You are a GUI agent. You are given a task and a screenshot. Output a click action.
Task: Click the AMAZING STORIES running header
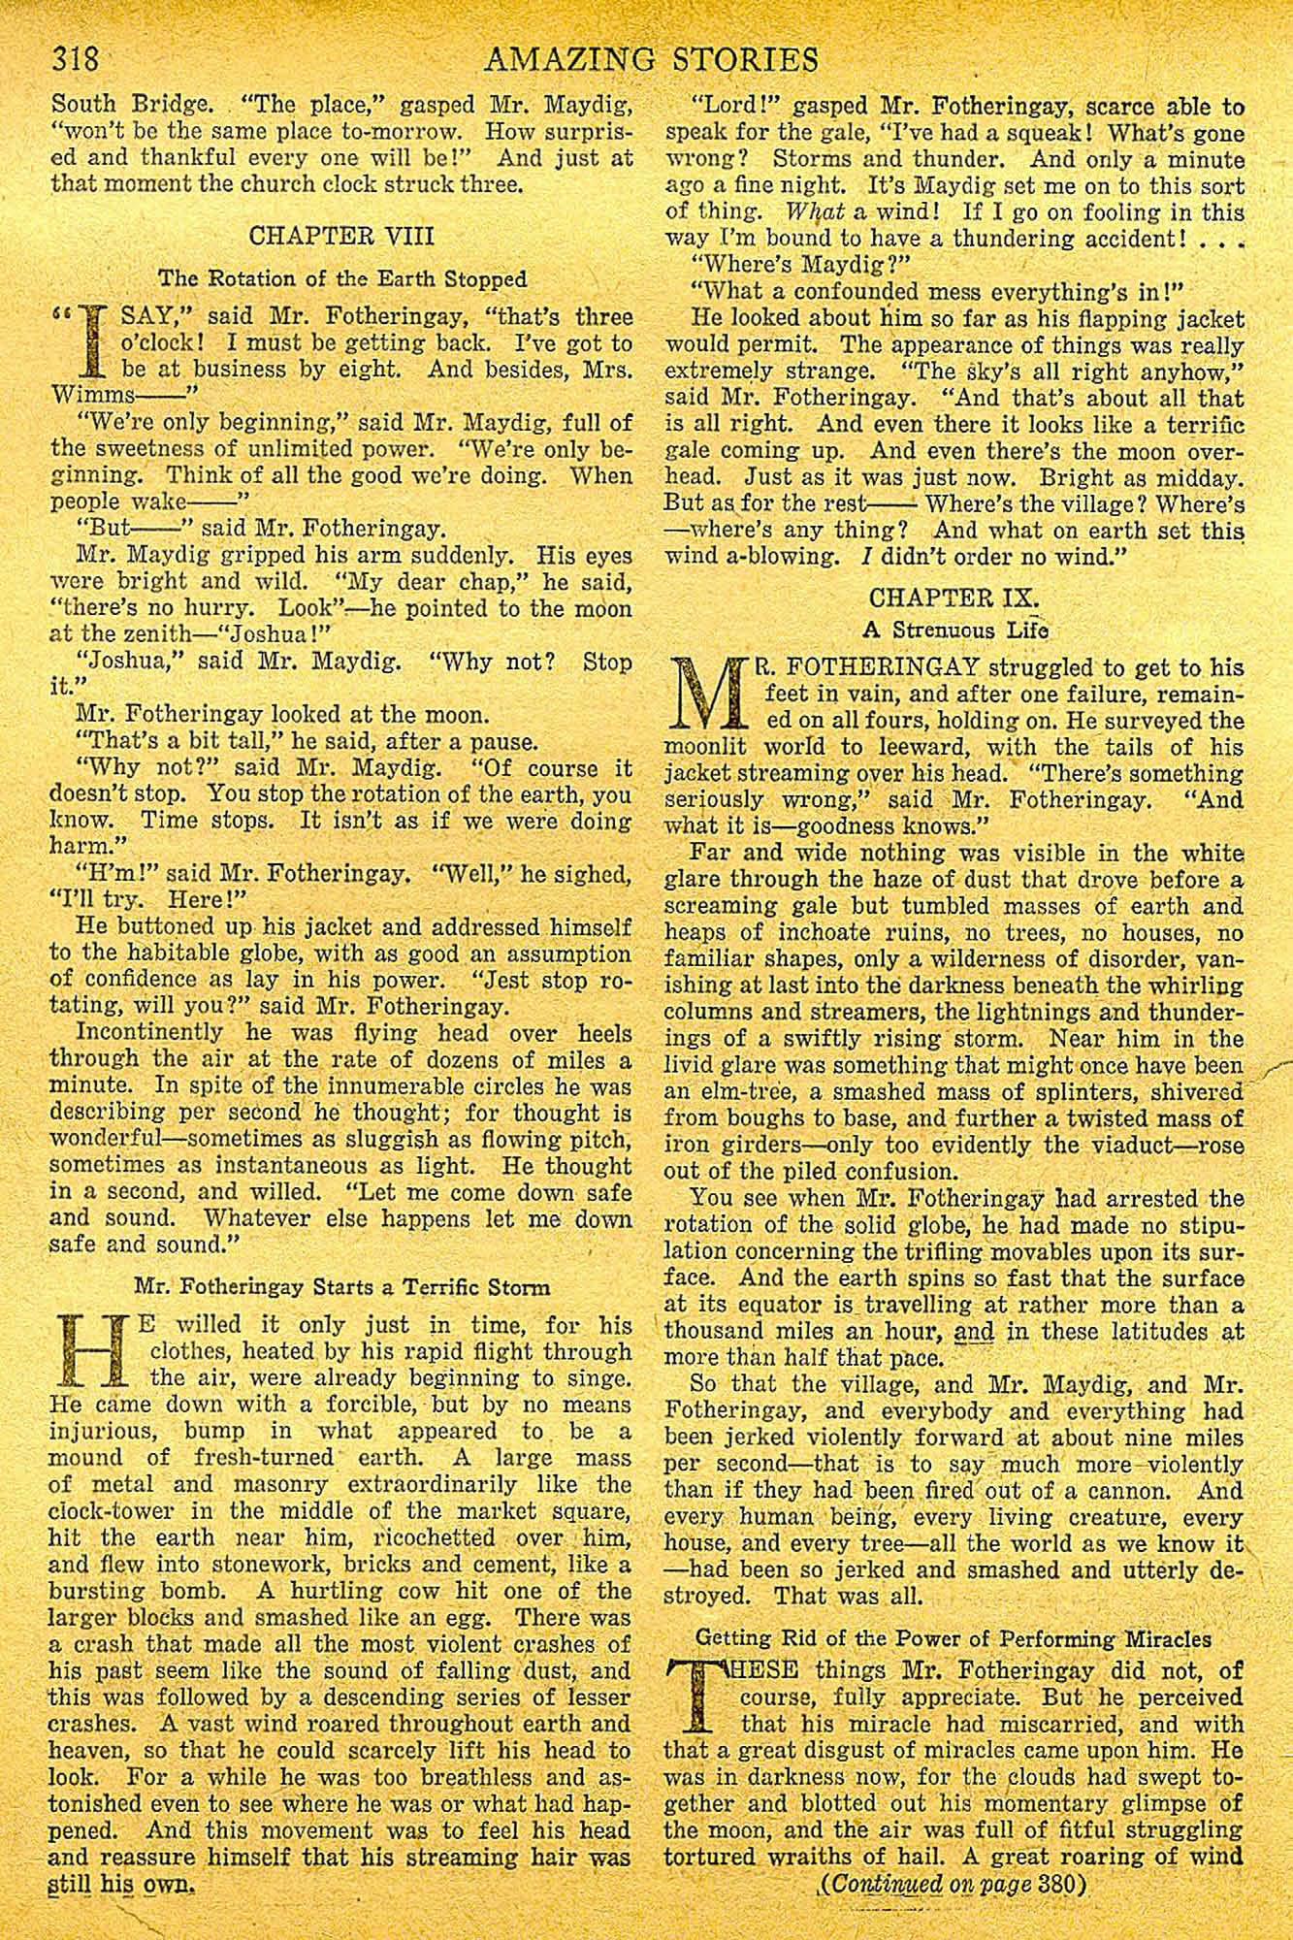[x=650, y=60]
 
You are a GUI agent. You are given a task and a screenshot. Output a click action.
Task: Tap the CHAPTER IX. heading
[x=956, y=597]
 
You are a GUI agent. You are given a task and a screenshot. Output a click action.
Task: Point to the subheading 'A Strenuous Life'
[x=955, y=630]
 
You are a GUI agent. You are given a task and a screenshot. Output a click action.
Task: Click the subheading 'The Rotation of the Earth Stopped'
[x=342, y=278]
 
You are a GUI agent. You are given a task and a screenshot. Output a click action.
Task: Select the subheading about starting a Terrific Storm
[x=341, y=1288]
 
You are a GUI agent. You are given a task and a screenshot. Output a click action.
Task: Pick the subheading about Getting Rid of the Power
[x=954, y=1638]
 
